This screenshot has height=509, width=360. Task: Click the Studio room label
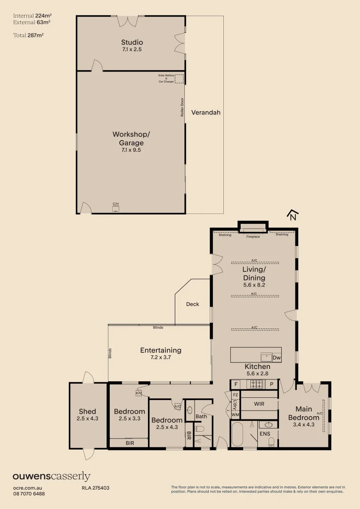pos(131,43)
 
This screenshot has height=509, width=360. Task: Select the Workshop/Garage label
pos(131,139)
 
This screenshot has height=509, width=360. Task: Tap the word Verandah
pos(205,113)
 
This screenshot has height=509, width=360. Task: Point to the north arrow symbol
pos(293,215)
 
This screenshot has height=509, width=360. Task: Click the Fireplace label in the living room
pos(253,236)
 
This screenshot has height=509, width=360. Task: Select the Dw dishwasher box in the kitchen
pos(277,358)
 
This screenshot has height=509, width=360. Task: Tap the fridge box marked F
pos(236,385)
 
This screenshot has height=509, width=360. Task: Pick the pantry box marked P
pos(272,385)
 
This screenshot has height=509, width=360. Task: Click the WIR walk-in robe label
pos(259,404)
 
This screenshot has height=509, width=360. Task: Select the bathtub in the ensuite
pos(237,434)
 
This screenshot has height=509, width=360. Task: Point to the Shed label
pos(87,411)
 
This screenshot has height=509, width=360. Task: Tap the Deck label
pos(192,304)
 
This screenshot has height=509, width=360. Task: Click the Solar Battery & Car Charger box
pos(179,78)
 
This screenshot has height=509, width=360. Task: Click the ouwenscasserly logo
pos(51,477)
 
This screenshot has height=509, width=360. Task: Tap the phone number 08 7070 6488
pos(29,493)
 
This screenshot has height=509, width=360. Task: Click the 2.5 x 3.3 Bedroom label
pos(130,415)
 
